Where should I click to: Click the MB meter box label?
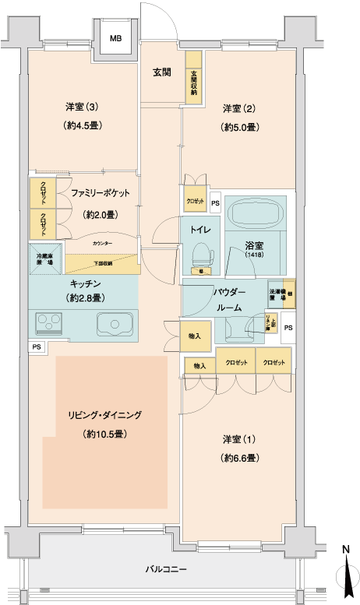(115, 38)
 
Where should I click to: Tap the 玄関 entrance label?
(161, 72)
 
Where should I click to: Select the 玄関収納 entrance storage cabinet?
(192, 76)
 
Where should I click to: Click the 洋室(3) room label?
(81, 106)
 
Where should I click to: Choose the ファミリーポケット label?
(100, 192)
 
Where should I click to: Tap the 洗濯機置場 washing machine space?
(276, 290)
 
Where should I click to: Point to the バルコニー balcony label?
(166, 569)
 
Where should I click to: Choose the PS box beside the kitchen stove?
(36, 346)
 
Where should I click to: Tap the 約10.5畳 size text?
(104, 434)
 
